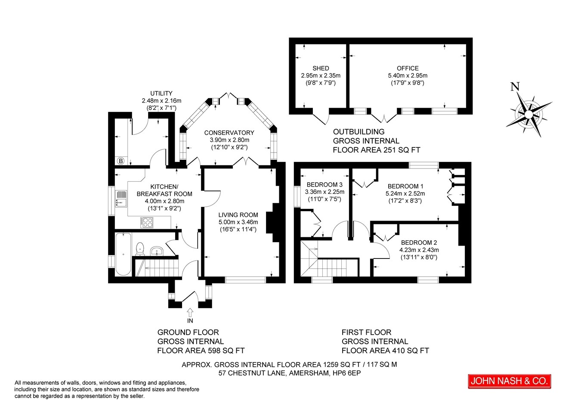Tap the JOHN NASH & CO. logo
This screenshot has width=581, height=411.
(x=510, y=381)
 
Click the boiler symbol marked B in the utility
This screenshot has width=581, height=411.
(x=121, y=161)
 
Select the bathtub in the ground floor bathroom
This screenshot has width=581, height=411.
(x=123, y=254)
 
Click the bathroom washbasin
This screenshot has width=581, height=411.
(x=157, y=251)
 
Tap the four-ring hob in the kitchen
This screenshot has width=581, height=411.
(x=147, y=222)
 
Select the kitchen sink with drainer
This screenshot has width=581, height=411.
(x=121, y=199)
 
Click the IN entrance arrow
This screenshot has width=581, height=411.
(x=190, y=312)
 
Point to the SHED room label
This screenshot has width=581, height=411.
(x=321, y=68)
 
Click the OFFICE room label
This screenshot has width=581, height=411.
(x=408, y=68)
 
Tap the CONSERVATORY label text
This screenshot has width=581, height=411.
(x=229, y=133)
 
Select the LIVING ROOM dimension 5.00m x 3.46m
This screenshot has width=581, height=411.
(x=238, y=222)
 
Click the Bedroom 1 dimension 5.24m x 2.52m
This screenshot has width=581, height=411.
(x=405, y=193)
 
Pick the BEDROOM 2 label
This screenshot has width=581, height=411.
(x=419, y=243)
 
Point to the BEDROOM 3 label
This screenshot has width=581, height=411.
(x=324, y=184)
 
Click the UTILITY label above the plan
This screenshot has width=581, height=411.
(x=161, y=93)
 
